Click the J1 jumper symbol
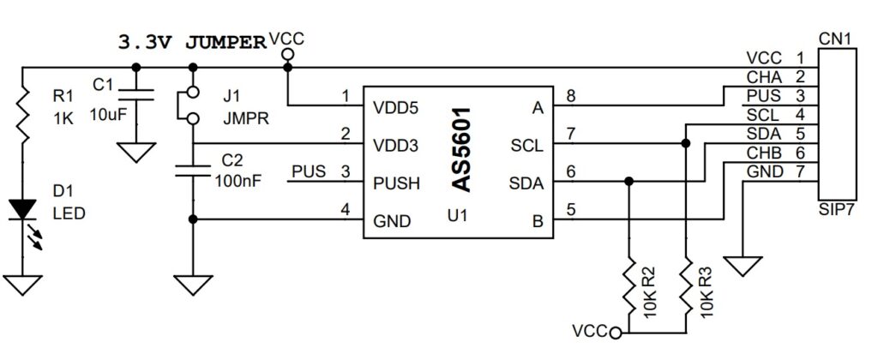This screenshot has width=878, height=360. [x=192, y=105]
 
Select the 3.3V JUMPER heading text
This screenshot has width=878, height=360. [x=190, y=43]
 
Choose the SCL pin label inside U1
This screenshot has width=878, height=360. [x=526, y=145]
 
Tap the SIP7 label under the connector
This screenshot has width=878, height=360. [x=835, y=208]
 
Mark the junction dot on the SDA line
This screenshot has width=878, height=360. [x=630, y=182]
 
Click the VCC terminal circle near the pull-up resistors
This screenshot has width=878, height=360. [x=616, y=331]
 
